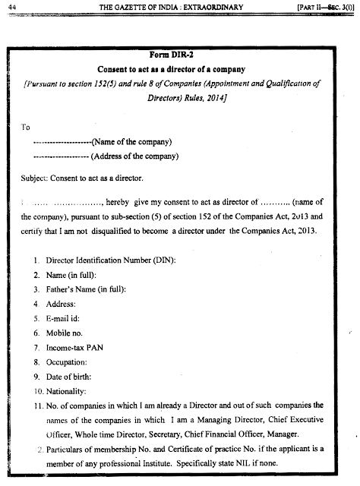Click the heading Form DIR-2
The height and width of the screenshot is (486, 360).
pyautogui.click(x=180, y=54)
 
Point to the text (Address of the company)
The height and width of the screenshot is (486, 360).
pyautogui.click(x=134, y=157)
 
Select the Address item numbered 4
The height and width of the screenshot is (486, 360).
pyautogui.click(x=63, y=305)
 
